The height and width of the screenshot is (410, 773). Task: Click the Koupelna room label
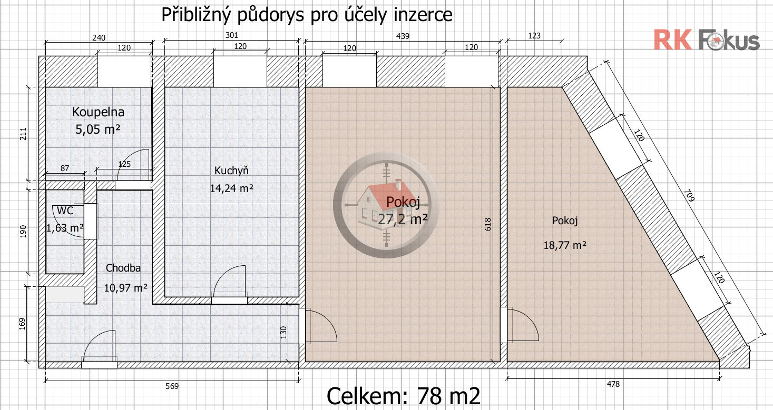pos(98,112)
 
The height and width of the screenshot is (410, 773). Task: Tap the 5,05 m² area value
pos(98,129)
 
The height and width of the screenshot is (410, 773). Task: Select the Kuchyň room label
pos(231,171)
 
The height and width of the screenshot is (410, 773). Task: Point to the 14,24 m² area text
pos(231,188)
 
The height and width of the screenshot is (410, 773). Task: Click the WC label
pos(65,211)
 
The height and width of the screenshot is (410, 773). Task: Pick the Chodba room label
pos(123,268)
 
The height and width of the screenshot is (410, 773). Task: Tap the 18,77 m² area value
pos(565,245)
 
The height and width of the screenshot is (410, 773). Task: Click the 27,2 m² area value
pos(403,219)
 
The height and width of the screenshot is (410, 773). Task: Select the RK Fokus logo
pos(707,40)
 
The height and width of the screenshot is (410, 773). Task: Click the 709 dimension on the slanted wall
pos(689,195)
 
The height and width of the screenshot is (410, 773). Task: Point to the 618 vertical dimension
pos(487,224)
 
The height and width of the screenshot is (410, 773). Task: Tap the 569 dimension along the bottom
pos(172,386)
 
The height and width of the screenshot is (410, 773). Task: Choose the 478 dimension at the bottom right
pos(613,384)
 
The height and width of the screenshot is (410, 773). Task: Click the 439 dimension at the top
pos(403,36)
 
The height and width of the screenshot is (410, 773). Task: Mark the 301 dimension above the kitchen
pos(231,35)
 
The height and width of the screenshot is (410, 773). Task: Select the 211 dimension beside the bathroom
pos(23,134)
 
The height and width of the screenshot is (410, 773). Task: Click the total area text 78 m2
pos(448,396)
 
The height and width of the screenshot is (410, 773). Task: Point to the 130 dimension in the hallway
pos(283,333)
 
